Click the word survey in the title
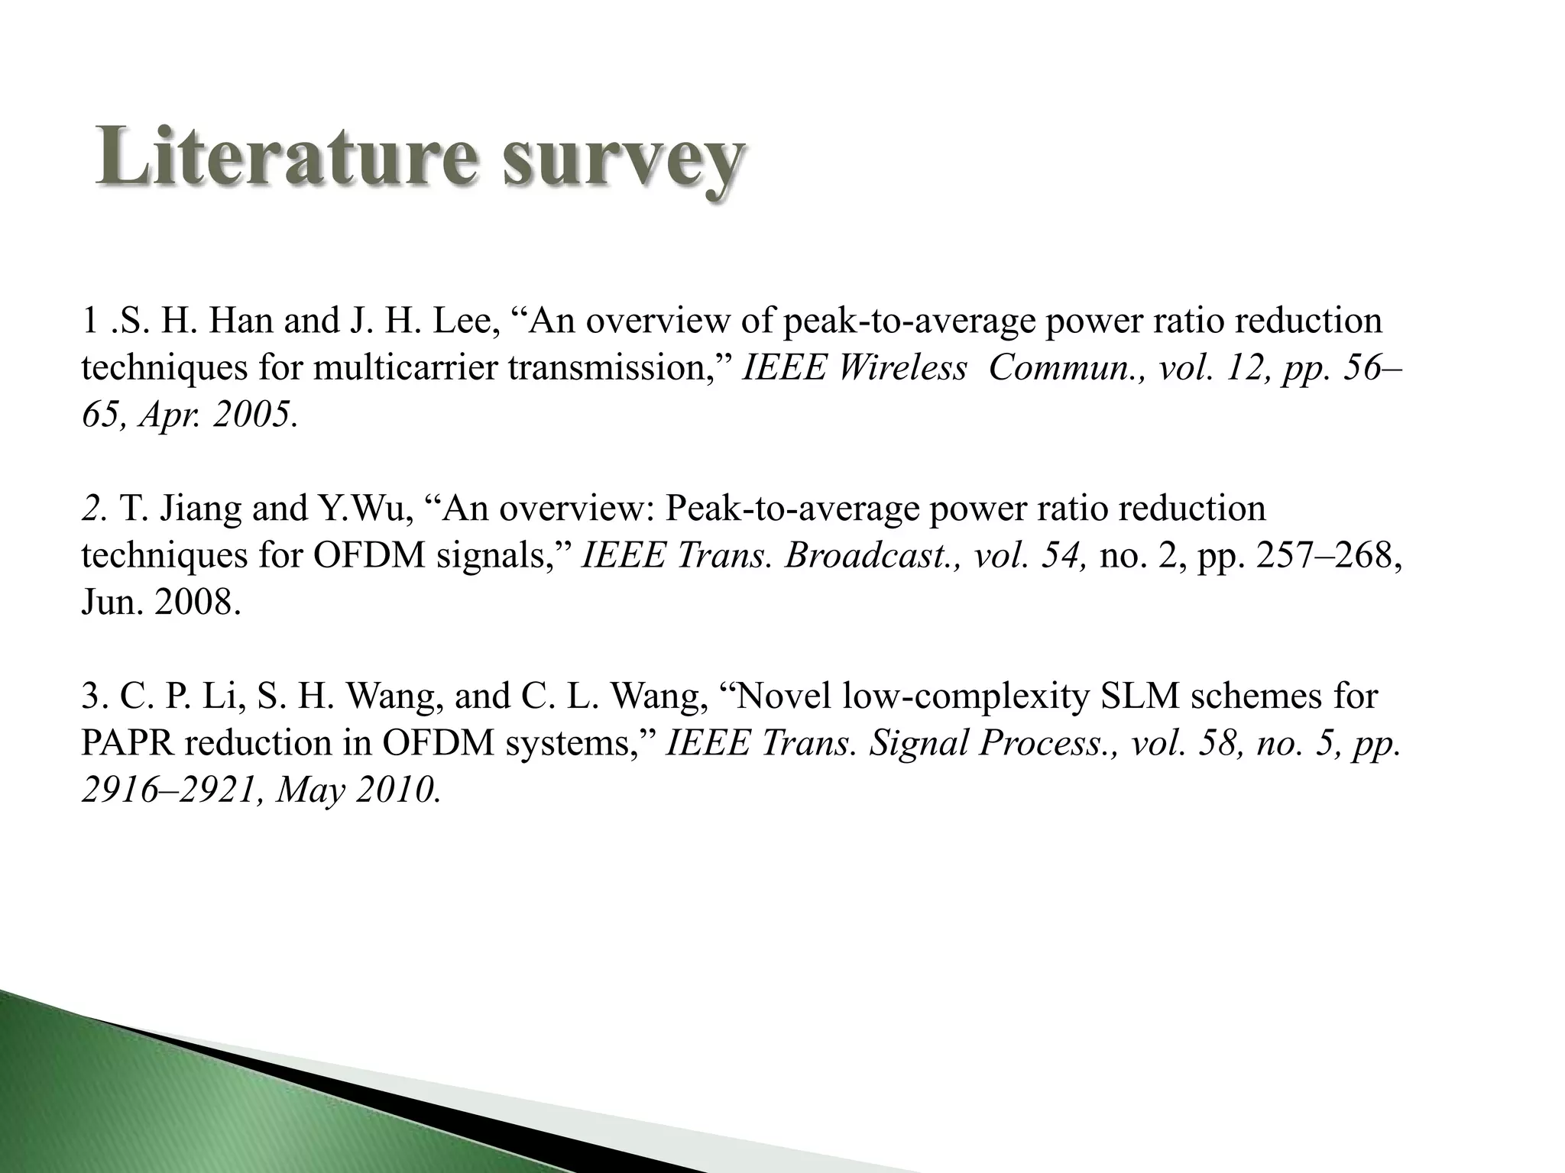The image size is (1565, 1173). [x=623, y=160]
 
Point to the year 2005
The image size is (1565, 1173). [x=252, y=415]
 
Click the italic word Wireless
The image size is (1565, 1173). [x=902, y=368]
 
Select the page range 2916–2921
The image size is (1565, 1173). [x=167, y=791]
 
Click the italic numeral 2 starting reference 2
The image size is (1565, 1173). [x=89, y=509]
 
